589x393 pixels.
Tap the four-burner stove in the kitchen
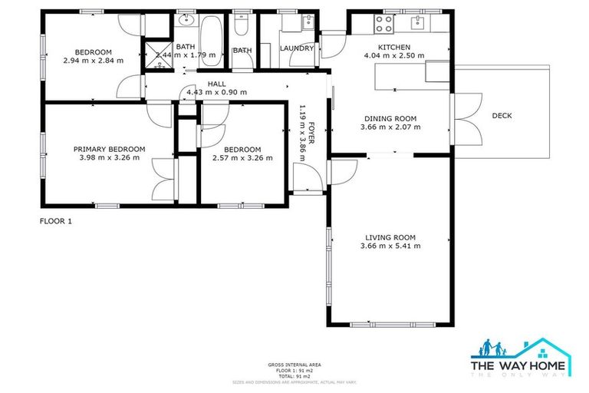383,25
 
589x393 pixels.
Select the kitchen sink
419,21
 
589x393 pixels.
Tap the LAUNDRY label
297,48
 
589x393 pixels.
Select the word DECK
502,116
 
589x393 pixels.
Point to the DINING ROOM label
390,118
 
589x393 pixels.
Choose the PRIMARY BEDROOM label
109,149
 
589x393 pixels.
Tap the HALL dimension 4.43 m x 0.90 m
217,92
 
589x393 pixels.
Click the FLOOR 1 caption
55,220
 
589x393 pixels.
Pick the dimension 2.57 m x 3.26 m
242,158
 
